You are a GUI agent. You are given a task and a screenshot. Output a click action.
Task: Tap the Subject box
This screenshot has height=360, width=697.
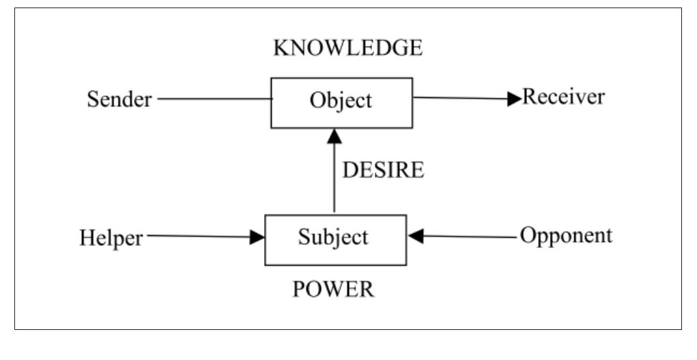point(335,238)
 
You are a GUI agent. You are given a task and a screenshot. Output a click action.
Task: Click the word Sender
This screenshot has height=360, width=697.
point(119,99)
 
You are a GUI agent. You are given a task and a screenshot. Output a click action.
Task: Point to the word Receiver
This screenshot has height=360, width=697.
point(563,97)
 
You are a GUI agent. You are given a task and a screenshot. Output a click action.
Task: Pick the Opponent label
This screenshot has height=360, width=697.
point(566,236)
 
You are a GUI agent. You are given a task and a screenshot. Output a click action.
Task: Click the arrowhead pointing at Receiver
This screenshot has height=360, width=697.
point(513,98)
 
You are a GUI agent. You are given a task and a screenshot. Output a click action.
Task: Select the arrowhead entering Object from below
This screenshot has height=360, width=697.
point(333,135)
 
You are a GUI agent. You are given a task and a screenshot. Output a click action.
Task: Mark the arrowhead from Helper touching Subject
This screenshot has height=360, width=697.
point(257,237)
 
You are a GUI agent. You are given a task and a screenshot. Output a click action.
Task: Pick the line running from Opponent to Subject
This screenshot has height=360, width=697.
point(471,236)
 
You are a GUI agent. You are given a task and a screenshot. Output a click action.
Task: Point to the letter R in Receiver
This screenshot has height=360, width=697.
point(528,97)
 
